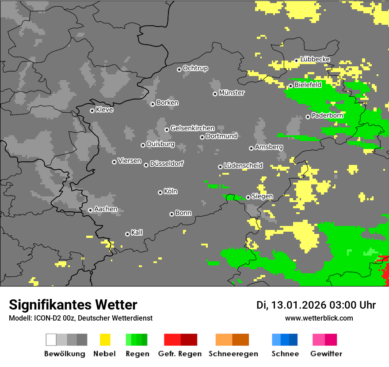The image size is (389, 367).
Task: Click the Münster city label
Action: coord(232,93)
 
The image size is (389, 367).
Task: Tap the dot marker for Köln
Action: coord(160,192)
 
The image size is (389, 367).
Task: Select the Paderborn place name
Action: coord(328,116)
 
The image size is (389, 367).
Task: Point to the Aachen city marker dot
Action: coord(90,210)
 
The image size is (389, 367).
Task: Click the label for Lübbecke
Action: coord(315,59)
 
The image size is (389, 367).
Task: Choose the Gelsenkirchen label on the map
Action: coord(192,128)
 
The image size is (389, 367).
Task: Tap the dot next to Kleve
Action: coord(92,111)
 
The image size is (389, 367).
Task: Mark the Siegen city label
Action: coord(262,196)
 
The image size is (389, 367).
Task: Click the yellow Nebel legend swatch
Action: coord(105,340)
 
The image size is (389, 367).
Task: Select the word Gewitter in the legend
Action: coord(326,354)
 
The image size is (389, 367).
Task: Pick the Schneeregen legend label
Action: coord(233,354)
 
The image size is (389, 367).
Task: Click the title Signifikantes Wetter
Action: coord(73,305)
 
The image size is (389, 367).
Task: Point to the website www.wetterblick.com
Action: coord(319,318)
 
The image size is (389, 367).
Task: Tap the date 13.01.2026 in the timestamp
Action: coord(297,305)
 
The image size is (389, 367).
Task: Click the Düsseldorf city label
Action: coord(167,164)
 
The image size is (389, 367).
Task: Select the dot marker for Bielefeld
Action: coord(290,86)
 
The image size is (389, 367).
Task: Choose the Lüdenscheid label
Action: coord(243,166)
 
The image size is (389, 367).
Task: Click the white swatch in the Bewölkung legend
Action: coord(51,340)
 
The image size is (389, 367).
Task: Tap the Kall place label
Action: coord(137,233)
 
